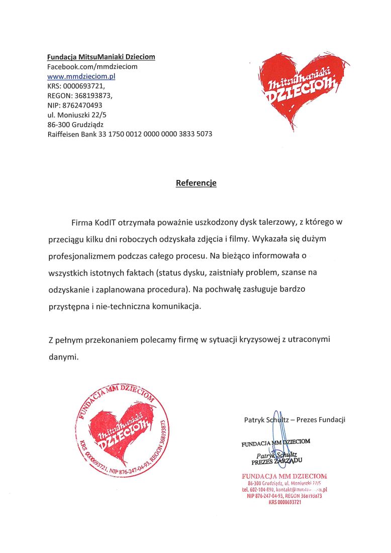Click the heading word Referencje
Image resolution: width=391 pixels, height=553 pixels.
(196, 183)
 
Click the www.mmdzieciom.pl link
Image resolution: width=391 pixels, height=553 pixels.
(81, 76)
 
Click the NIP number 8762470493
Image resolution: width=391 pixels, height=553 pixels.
(82, 105)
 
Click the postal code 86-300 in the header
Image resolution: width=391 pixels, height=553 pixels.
(58, 124)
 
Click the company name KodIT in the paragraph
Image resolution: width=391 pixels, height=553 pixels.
(106, 222)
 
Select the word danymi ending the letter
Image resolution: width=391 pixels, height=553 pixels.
(62, 357)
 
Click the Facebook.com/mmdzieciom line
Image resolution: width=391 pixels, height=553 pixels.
(92, 66)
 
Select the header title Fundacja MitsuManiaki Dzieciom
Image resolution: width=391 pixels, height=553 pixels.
(101, 57)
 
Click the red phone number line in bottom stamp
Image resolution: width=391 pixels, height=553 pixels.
(284, 489)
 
